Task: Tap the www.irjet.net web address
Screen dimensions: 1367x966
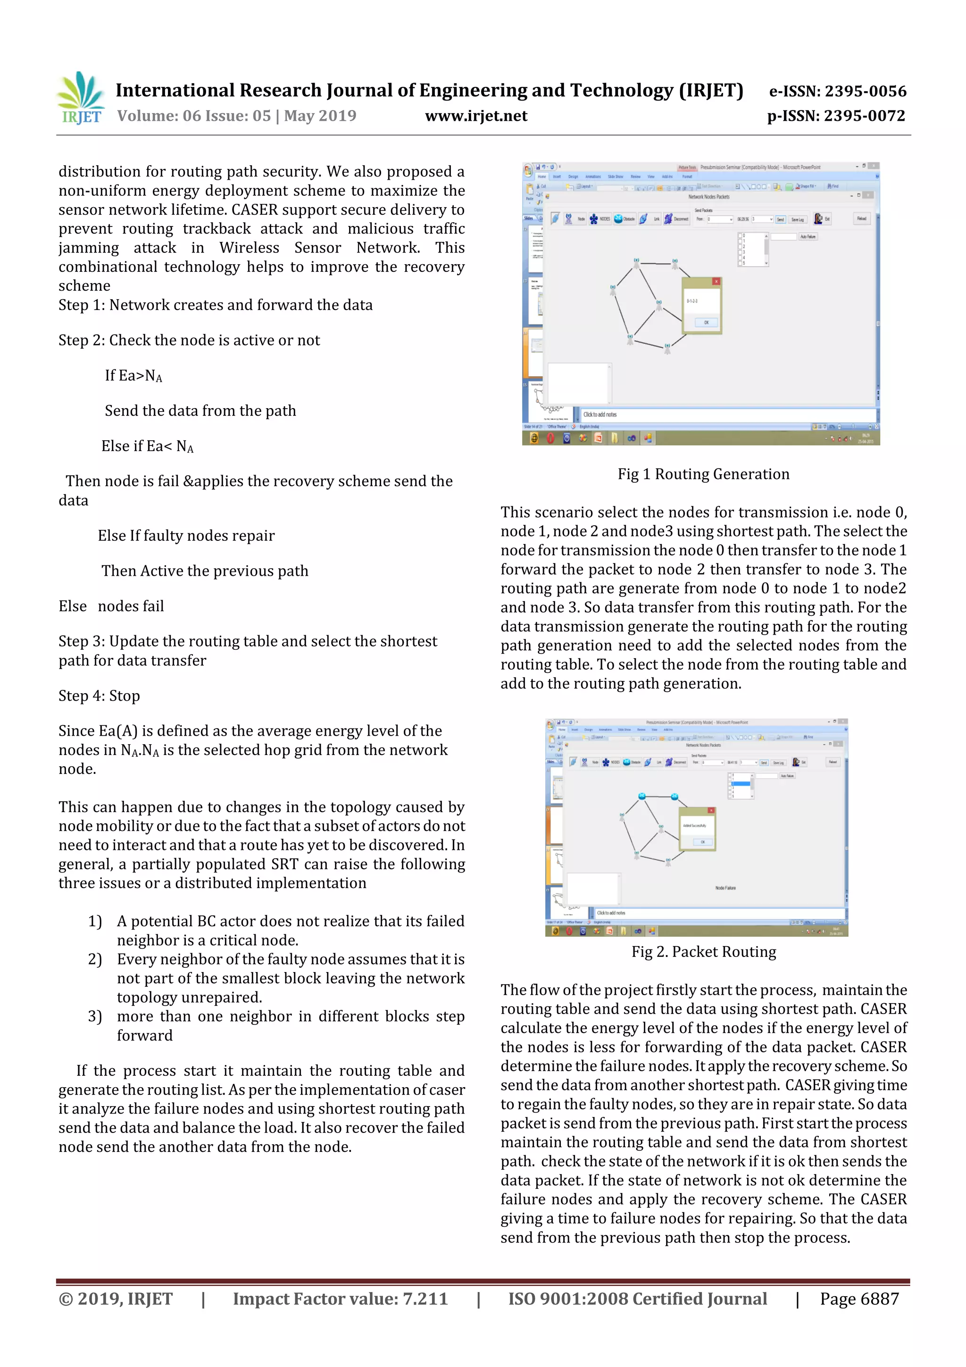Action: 475,116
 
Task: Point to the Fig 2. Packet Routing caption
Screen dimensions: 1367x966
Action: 704,952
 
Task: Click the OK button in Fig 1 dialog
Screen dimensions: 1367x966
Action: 706,323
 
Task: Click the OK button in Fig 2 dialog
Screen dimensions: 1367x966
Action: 702,842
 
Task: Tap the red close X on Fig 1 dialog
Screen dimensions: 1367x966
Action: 716,282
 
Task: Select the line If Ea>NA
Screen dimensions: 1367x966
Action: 133,376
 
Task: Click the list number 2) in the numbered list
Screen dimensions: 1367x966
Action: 95,959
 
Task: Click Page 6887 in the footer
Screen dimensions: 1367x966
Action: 859,1299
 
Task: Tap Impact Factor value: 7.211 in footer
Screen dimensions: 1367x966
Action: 340,1299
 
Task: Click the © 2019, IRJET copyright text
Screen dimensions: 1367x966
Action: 116,1299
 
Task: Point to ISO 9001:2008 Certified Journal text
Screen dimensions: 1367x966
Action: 637,1299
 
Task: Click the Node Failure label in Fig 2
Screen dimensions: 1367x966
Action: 725,888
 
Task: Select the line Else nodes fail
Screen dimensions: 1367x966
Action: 111,607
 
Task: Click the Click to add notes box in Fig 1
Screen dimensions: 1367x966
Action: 600,414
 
